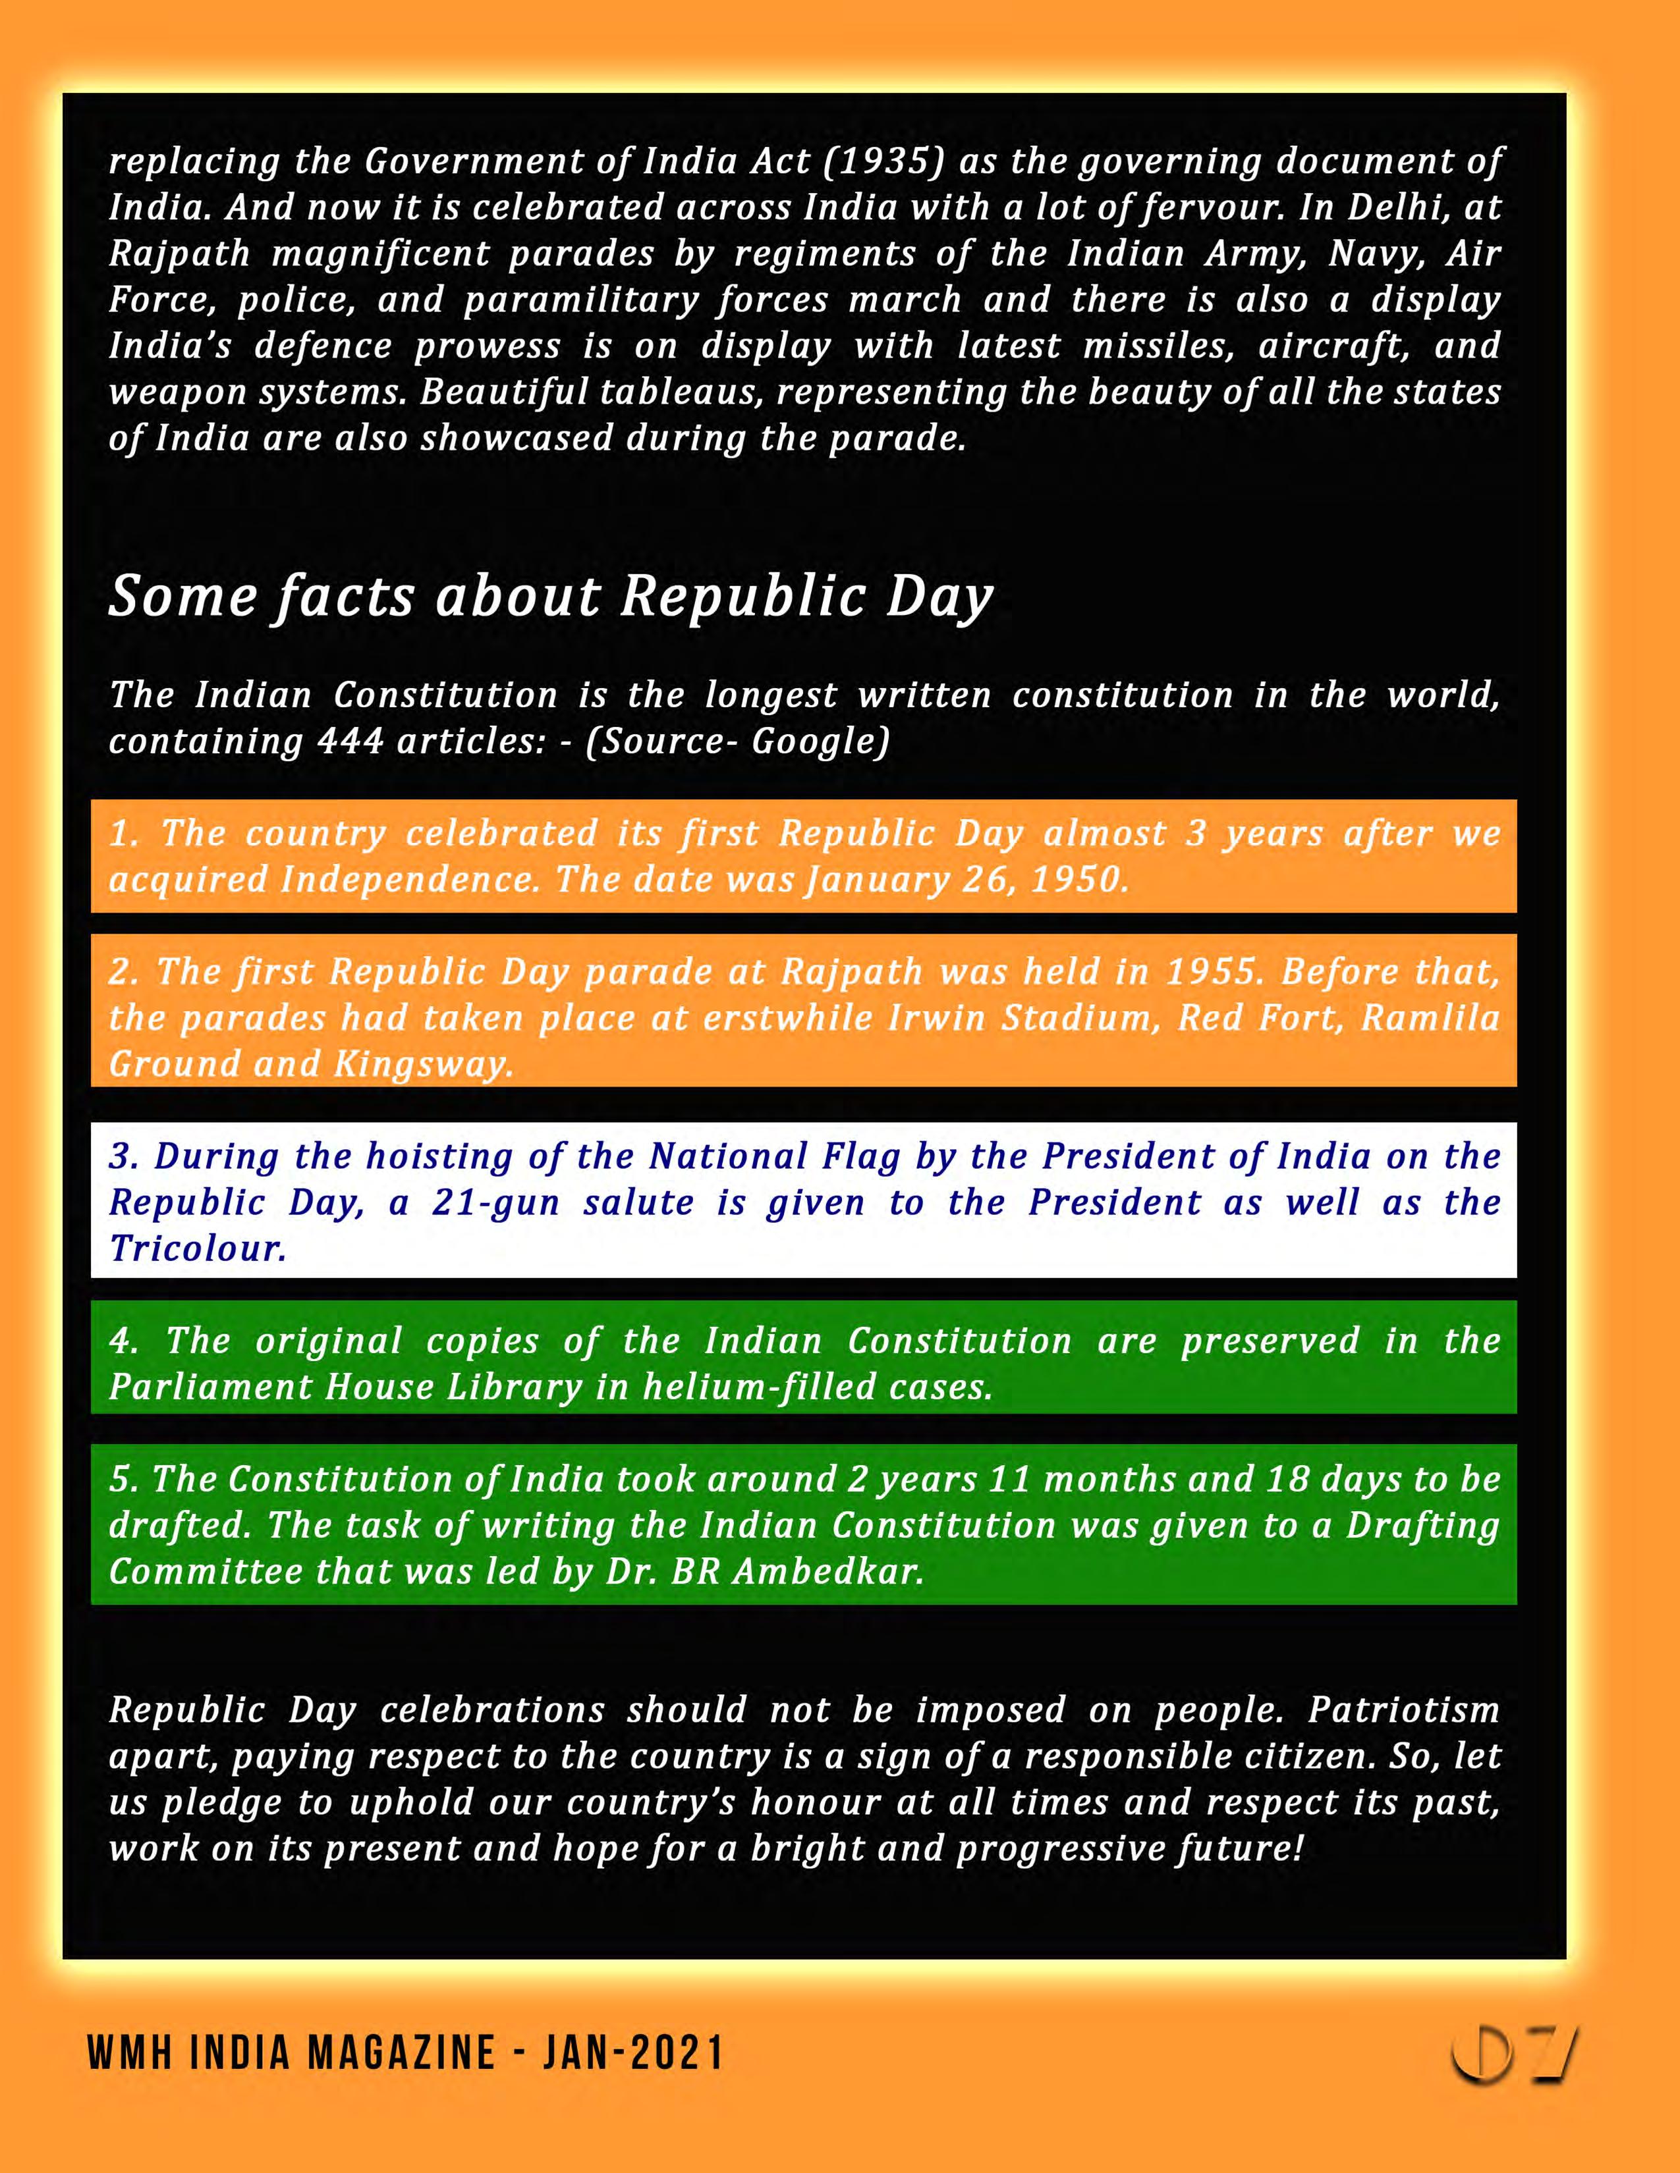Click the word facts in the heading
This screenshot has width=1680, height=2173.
tap(345, 597)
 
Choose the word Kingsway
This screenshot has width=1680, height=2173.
tap(423, 1063)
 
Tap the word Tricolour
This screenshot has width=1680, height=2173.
tap(198, 1248)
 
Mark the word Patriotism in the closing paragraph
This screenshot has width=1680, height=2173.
tap(1403, 1709)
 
